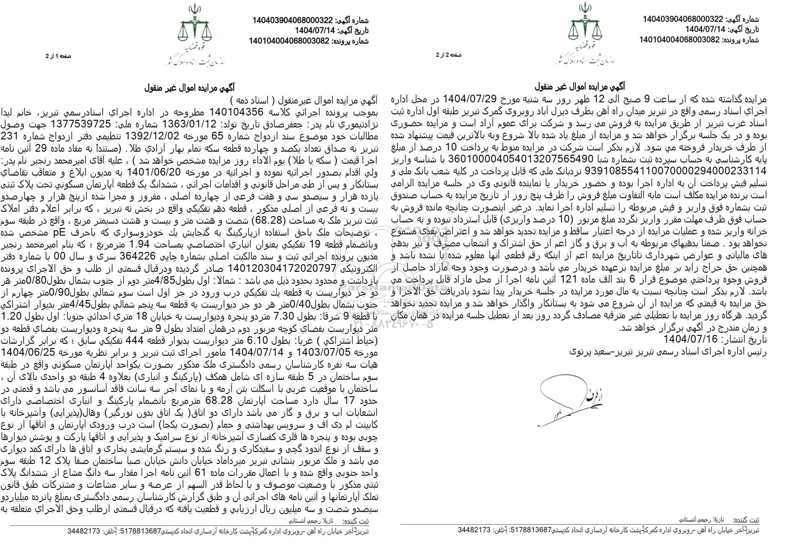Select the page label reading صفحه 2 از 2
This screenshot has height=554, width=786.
tap(448, 55)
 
